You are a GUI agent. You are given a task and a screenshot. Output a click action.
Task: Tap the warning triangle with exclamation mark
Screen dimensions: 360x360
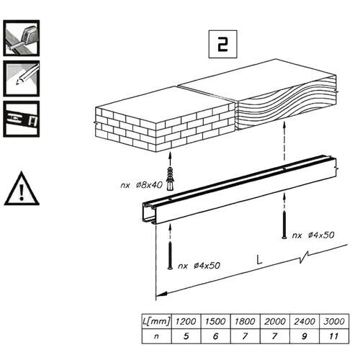coord(22,189)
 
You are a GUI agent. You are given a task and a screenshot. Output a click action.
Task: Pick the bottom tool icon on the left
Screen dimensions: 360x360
coord(22,117)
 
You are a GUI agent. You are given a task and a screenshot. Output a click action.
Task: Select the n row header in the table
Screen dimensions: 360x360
coord(147,336)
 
